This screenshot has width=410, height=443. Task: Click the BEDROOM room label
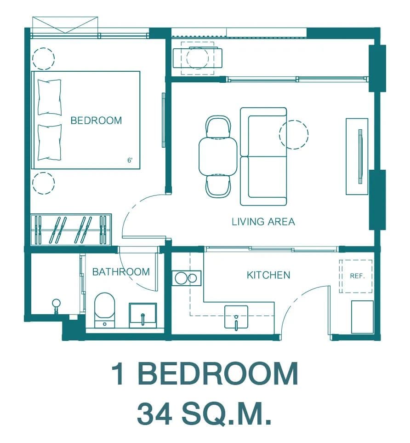(96, 121)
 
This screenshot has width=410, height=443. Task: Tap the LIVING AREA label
(263, 222)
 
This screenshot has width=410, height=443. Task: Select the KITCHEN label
(268, 275)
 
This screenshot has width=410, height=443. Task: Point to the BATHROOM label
(121, 272)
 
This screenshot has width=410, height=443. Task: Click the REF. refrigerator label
(357, 276)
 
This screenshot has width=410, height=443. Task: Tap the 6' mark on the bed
(130, 160)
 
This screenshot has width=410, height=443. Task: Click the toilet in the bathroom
(104, 310)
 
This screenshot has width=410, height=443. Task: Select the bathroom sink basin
(143, 316)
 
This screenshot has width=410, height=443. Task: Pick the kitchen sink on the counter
(236, 317)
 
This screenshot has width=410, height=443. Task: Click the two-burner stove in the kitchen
(186, 278)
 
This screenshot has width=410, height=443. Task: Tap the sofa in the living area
(263, 156)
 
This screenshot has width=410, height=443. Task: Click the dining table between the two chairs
(218, 156)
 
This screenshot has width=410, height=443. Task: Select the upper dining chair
(218, 127)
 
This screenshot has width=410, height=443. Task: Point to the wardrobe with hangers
(71, 230)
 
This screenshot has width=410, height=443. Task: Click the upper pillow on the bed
(50, 97)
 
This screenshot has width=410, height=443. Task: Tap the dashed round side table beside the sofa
(294, 135)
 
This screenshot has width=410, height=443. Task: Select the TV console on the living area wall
(357, 156)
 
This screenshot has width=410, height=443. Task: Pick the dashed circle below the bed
(44, 183)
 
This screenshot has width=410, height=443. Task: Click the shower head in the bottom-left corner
(56, 304)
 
